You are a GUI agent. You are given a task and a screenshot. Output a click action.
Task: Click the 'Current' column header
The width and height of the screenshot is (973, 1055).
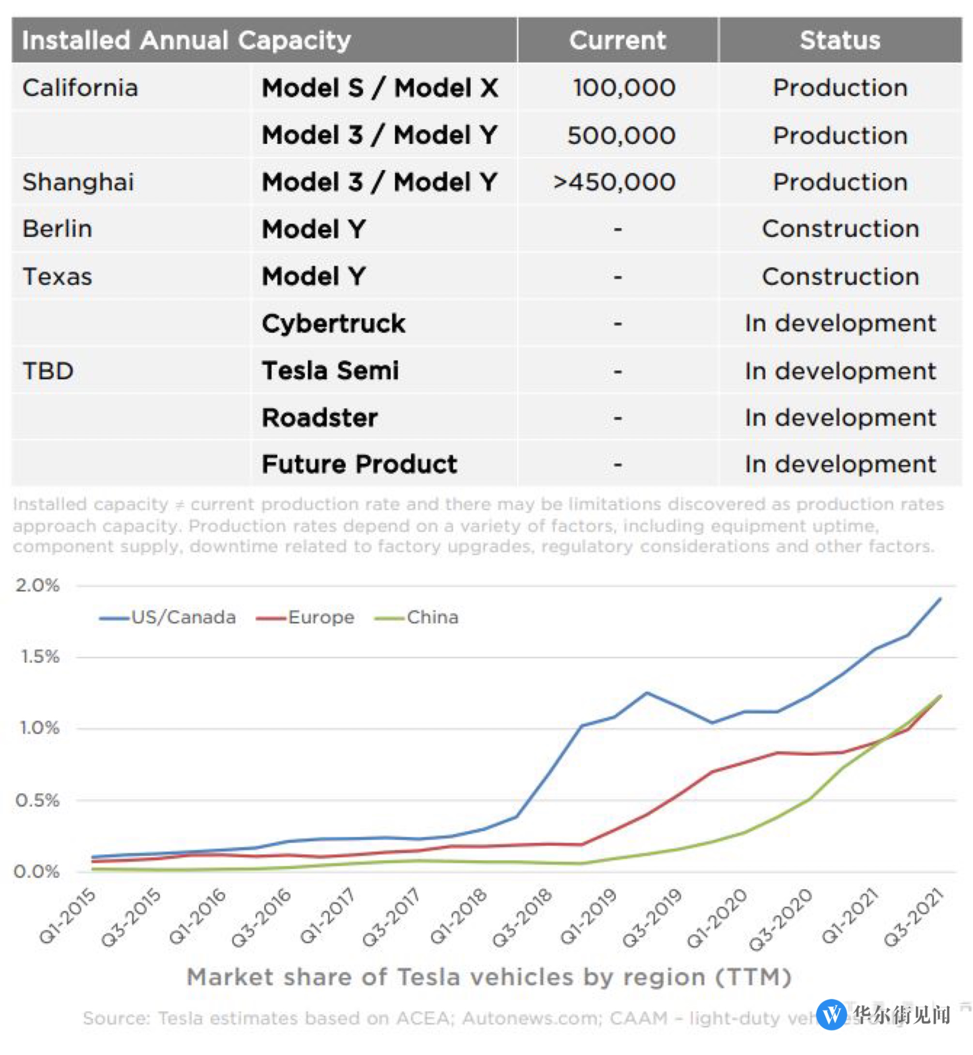tap(618, 41)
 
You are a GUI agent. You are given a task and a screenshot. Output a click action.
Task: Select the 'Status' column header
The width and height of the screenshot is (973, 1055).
tap(840, 41)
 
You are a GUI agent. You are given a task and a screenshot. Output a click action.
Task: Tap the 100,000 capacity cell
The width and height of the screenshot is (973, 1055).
tap(624, 88)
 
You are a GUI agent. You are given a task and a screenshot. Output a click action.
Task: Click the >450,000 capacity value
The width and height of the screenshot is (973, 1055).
tap(614, 182)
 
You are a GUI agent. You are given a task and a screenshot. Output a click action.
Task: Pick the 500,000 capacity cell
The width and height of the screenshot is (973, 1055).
tap(621, 135)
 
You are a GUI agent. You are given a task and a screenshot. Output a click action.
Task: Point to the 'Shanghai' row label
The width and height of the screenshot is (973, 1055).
tap(78, 182)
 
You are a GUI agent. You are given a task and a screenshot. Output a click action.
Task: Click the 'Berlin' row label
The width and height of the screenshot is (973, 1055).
tap(58, 229)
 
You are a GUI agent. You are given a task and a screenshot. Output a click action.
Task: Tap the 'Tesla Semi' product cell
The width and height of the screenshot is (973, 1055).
tap(330, 371)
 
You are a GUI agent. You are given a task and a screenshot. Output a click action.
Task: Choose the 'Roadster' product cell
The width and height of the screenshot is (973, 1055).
tap(319, 418)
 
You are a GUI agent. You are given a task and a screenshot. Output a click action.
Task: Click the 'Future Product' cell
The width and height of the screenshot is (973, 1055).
tap(360, 465)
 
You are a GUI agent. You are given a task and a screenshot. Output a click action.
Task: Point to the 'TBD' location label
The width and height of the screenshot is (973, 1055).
tap(48, 371)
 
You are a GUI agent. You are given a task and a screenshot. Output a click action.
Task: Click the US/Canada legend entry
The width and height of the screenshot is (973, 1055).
tap(167, 617)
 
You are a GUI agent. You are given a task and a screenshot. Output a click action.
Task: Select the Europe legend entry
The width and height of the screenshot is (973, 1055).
tap(305, 617)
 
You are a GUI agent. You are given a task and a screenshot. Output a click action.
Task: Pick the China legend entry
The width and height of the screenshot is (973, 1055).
tap(416, 617)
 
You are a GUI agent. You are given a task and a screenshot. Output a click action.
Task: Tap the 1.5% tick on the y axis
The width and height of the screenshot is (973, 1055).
tap(40, 657)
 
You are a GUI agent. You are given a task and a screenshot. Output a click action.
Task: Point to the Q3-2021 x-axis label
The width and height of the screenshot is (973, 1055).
tap(913, 916)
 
